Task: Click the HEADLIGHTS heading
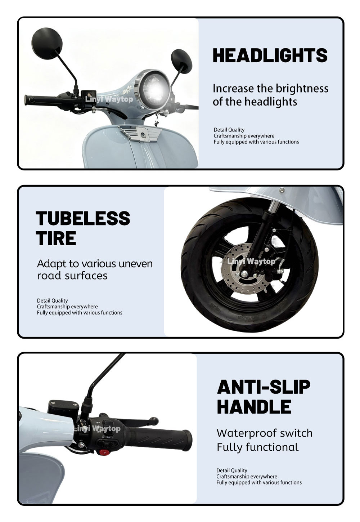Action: [x=270, y=55]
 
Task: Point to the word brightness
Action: [x=302, y=89]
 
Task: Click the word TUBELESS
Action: [x=83, y=218]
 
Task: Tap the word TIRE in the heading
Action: [x=56, y=238]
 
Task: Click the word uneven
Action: [x=136, y=264]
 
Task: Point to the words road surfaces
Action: [x=72, y=276]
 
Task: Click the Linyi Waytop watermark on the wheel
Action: [x=251, y=261]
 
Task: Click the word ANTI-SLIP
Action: [x=264, y=387]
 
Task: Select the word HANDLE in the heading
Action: [x=254, y=407]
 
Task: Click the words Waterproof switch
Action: [x=265, y=433]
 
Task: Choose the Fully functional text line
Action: [x=257, y=447]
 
